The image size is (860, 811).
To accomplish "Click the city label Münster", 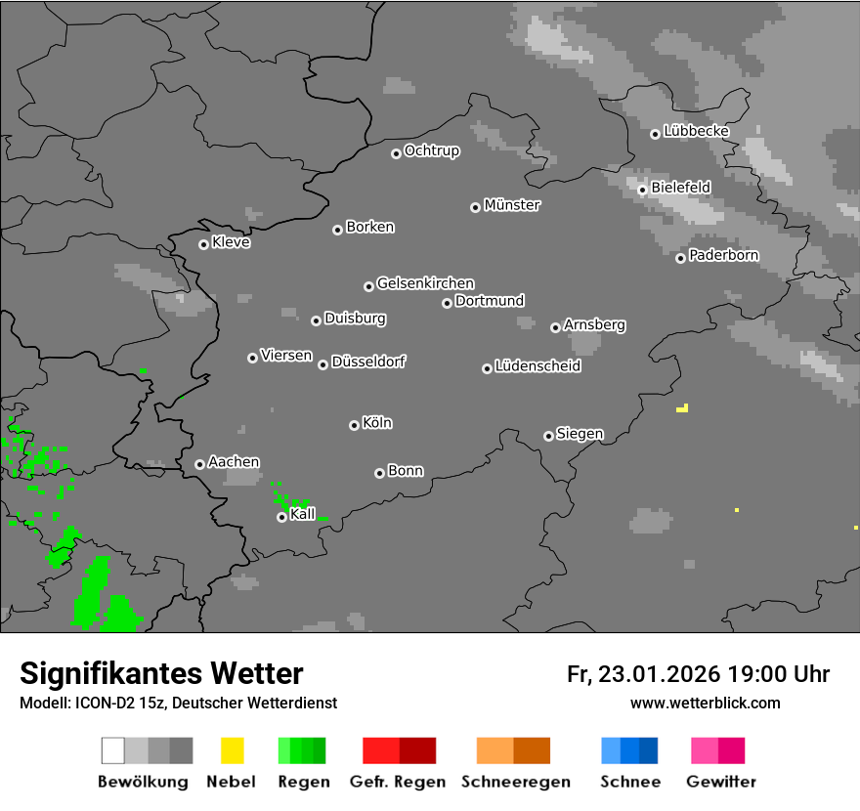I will (512, 205).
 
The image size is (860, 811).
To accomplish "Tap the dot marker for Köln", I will (354, 425).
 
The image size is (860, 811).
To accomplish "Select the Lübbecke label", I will (696, 131).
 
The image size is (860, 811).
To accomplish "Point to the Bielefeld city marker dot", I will (642, 190).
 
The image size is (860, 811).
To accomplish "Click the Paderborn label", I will (724, 255).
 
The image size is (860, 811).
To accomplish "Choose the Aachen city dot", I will (199, 464).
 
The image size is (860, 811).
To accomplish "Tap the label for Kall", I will (303, 514).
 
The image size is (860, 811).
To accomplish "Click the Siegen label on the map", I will (580, 434).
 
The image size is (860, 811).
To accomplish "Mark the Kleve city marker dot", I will (203, 244).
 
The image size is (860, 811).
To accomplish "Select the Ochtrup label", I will (432, 150).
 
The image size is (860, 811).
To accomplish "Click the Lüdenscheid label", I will (537, 366).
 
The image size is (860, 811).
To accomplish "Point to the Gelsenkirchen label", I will (425, 283).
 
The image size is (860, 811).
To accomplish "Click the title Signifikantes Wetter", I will (161, 673).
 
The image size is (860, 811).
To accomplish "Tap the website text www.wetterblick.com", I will (706, 703).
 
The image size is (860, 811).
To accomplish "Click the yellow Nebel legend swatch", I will (232, 750).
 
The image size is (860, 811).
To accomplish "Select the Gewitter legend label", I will (721, 782).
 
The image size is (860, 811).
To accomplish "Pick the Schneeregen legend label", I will (516, 782).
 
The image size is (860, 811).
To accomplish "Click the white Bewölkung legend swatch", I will (112, 750).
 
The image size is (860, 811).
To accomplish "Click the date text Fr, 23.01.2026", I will (643, 674).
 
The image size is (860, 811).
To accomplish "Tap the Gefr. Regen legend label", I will (398, 782).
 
